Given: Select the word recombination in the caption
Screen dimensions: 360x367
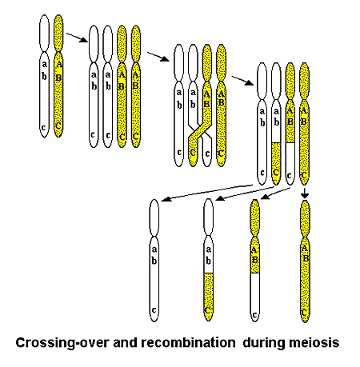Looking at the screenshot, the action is tap(188, 342).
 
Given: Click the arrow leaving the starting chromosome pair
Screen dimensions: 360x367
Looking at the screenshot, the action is tap(77, 38).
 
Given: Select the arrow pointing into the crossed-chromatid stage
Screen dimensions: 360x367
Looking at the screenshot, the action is tap(158, 57).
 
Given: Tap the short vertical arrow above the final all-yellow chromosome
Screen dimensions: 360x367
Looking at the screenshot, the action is tap(305, 193).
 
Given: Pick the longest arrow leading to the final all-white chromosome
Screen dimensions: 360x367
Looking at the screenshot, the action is tap(206, 193).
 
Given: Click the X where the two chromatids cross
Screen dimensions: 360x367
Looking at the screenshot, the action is tap(200, 130).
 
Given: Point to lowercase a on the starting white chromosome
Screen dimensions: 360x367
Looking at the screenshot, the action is tap(45, 64).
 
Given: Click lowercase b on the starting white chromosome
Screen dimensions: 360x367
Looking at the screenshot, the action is tap(45, 76).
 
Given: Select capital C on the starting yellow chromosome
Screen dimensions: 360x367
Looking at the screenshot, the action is tap(58, 126).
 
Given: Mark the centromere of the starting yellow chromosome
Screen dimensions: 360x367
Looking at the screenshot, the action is tap(58, 52).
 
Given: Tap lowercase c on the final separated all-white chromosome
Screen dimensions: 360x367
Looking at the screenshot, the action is tap(154, 310).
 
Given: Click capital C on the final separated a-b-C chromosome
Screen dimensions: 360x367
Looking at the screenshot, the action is tap(208, 310).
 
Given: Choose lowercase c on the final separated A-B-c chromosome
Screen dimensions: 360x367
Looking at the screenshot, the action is tap(254, 315).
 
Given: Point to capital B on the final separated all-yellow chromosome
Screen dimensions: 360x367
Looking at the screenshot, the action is tap(306, 257).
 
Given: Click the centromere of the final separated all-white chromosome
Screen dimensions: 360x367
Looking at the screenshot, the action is tap(154, 236).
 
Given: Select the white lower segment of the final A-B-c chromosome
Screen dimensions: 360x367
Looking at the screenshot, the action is tap(255, 297).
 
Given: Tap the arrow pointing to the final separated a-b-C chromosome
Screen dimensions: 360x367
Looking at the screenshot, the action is tap(245, 193).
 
